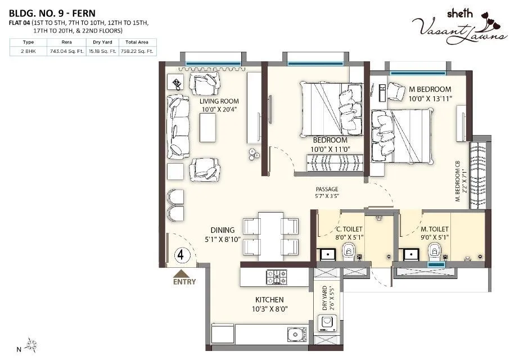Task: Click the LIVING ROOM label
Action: point(219,101)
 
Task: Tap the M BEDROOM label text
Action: point(430,89)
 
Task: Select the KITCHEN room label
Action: point(267,300)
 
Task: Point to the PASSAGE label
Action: point(326,190)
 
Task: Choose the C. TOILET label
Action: point(349,229)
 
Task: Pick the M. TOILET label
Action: point(435,229)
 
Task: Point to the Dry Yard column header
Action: point(104,42)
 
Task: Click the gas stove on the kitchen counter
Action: point(276,276)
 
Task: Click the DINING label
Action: point(223,230)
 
